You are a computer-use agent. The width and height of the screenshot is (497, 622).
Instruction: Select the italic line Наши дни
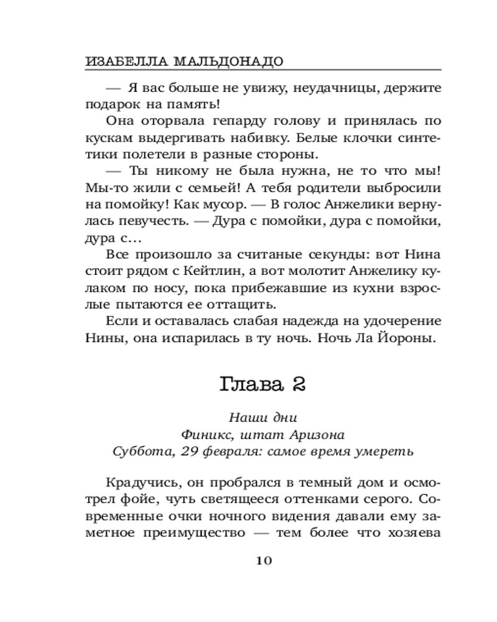click(x=263, y=418)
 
